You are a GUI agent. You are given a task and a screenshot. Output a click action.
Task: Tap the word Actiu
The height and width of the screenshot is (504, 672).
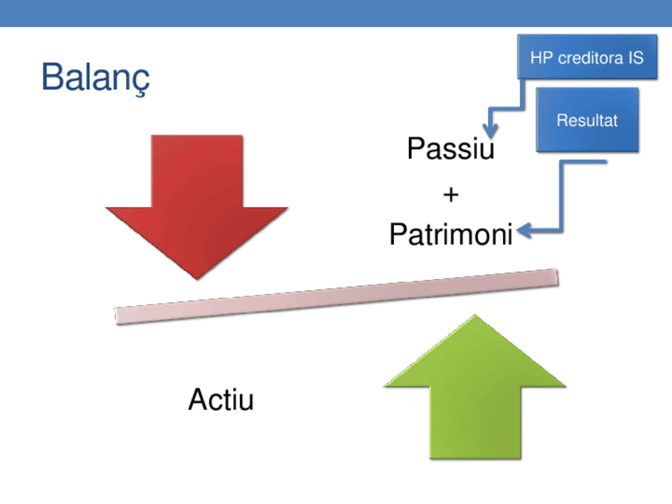click(x=221, y=400)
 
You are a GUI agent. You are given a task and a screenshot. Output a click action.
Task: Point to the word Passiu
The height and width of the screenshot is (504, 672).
click(x=450, y=148)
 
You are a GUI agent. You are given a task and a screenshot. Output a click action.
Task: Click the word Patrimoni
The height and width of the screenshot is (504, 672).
click(x=450, y=235)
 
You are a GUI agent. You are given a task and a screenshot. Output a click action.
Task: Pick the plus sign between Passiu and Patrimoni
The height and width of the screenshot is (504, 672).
click(x=450, y=193)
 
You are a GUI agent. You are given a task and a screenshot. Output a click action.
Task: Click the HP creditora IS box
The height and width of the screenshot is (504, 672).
click(x=586, y=57)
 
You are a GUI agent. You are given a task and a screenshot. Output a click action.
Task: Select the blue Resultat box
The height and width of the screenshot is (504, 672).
click(x=586, y=120)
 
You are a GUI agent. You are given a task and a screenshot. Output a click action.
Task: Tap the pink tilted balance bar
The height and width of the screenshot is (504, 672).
click(x=338, y=296)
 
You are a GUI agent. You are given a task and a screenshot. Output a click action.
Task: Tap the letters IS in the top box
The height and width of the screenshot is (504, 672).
click(x=636, y=58)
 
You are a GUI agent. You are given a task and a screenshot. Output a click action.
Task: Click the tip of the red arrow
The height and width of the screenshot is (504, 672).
click(x=197, y=277)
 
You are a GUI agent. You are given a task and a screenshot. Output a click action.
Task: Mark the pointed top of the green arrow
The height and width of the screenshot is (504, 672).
click(x=475, y=317)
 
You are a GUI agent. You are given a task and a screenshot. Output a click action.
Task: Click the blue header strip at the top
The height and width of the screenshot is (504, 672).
click(x=336, y=13)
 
